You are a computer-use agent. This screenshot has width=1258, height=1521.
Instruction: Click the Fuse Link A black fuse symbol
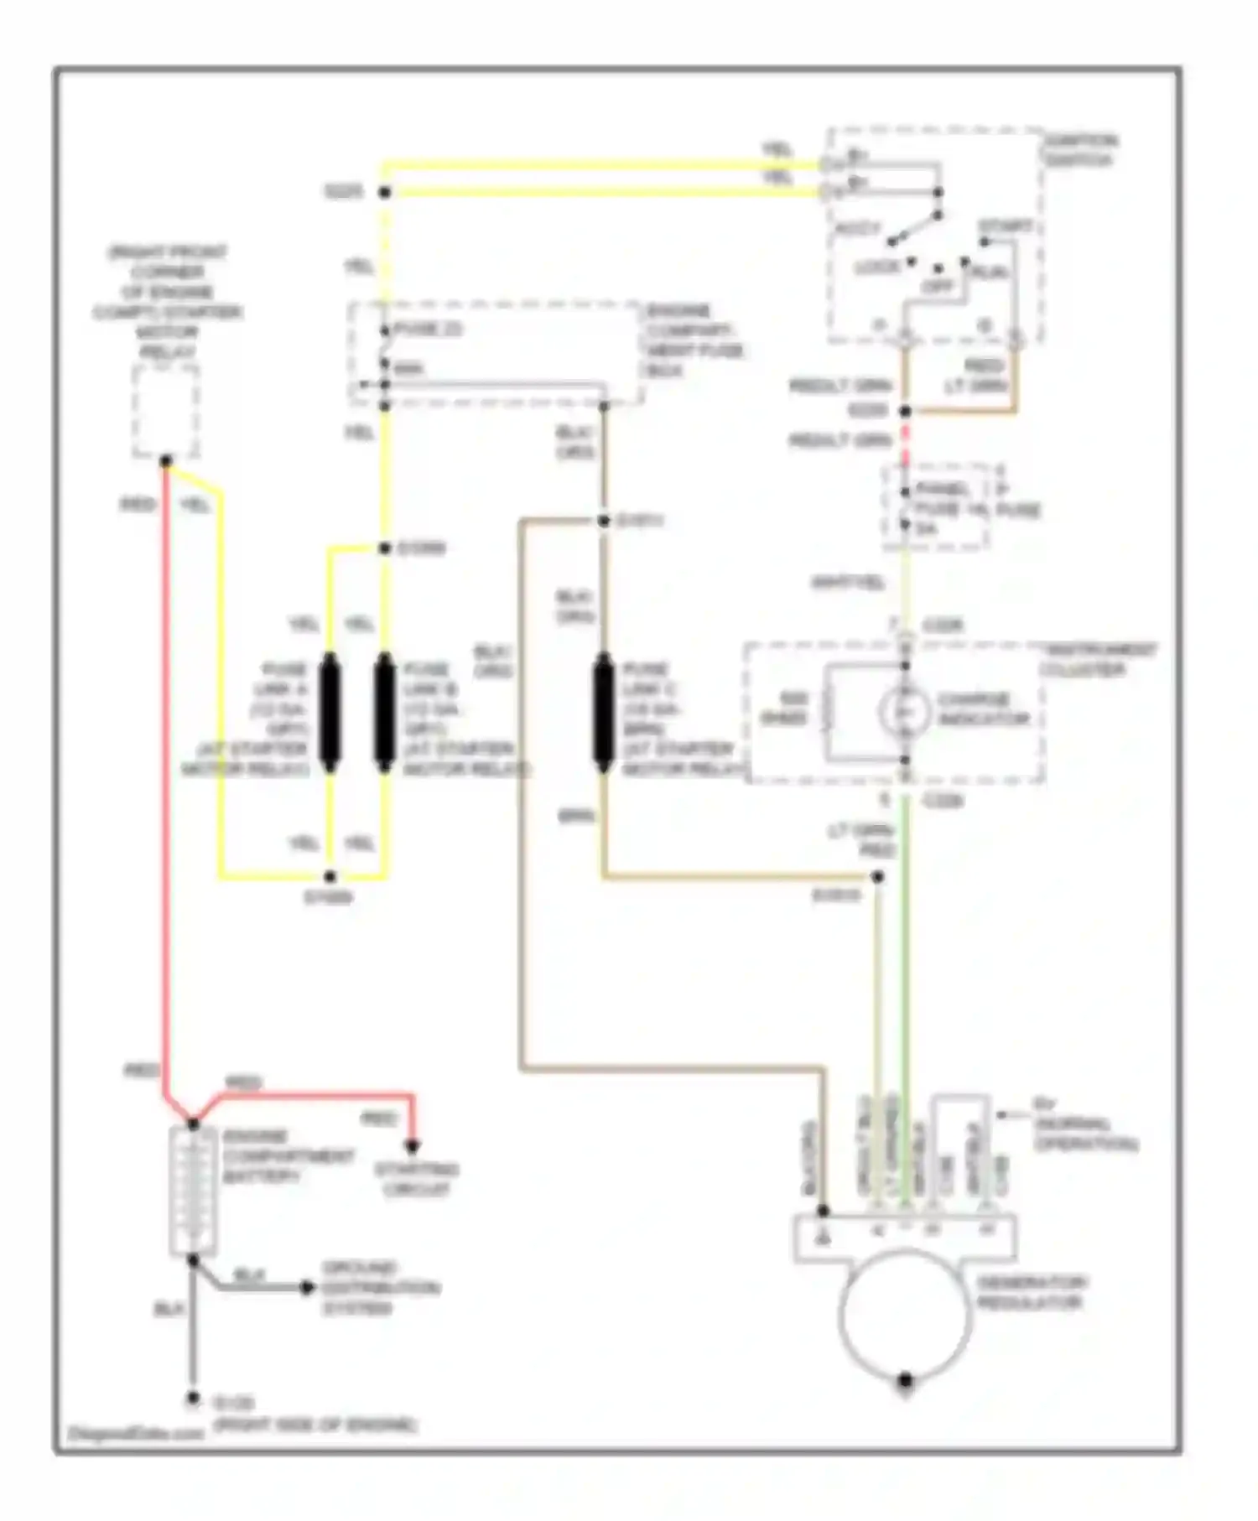330,714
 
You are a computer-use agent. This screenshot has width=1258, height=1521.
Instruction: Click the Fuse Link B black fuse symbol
385,714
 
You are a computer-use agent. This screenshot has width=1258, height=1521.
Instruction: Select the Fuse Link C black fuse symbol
603,714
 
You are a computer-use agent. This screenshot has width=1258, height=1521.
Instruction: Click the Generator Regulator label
1032,1292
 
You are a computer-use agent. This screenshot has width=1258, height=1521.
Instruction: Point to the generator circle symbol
906,1313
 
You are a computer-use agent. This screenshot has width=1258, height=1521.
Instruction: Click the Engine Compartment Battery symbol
193,1191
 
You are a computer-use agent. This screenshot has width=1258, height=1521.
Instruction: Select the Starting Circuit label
416,1179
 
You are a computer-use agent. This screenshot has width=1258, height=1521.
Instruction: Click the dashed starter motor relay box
166,412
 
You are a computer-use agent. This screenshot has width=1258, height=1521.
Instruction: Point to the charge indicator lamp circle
905,712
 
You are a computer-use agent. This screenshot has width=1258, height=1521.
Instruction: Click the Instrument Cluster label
1098,660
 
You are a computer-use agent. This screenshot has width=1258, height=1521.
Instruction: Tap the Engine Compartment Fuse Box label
694,340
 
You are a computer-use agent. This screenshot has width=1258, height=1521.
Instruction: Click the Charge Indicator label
982,709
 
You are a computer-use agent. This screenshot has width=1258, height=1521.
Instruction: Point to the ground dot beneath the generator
906,1379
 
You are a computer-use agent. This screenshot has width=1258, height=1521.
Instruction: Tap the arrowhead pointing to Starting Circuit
413,1145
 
